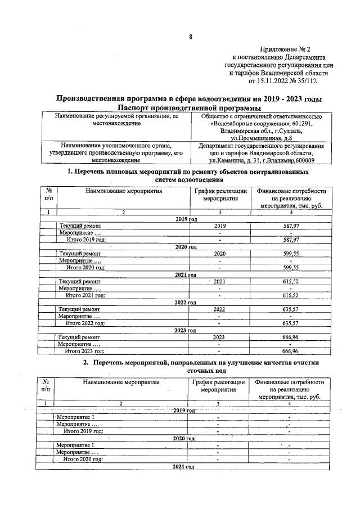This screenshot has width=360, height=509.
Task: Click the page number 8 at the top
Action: pyautogui.click(x=190, y=38)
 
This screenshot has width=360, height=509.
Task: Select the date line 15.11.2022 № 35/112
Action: pyautogui.click(x=285, y=81)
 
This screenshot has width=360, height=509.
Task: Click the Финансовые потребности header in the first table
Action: pyautogui.click(x=290, y=199)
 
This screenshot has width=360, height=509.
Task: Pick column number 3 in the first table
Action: pyautogui.click(x=220, y=212)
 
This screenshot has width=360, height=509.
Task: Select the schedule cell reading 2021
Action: pyautogui.click(x=220, y=281)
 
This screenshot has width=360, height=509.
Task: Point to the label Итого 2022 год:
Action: pyautogui.click(x=85, y=323)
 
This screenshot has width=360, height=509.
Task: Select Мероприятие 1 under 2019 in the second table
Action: pyautogui.click(x=75, y=417)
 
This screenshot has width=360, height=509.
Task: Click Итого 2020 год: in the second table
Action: pyautogui.click(x=84, y=459)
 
